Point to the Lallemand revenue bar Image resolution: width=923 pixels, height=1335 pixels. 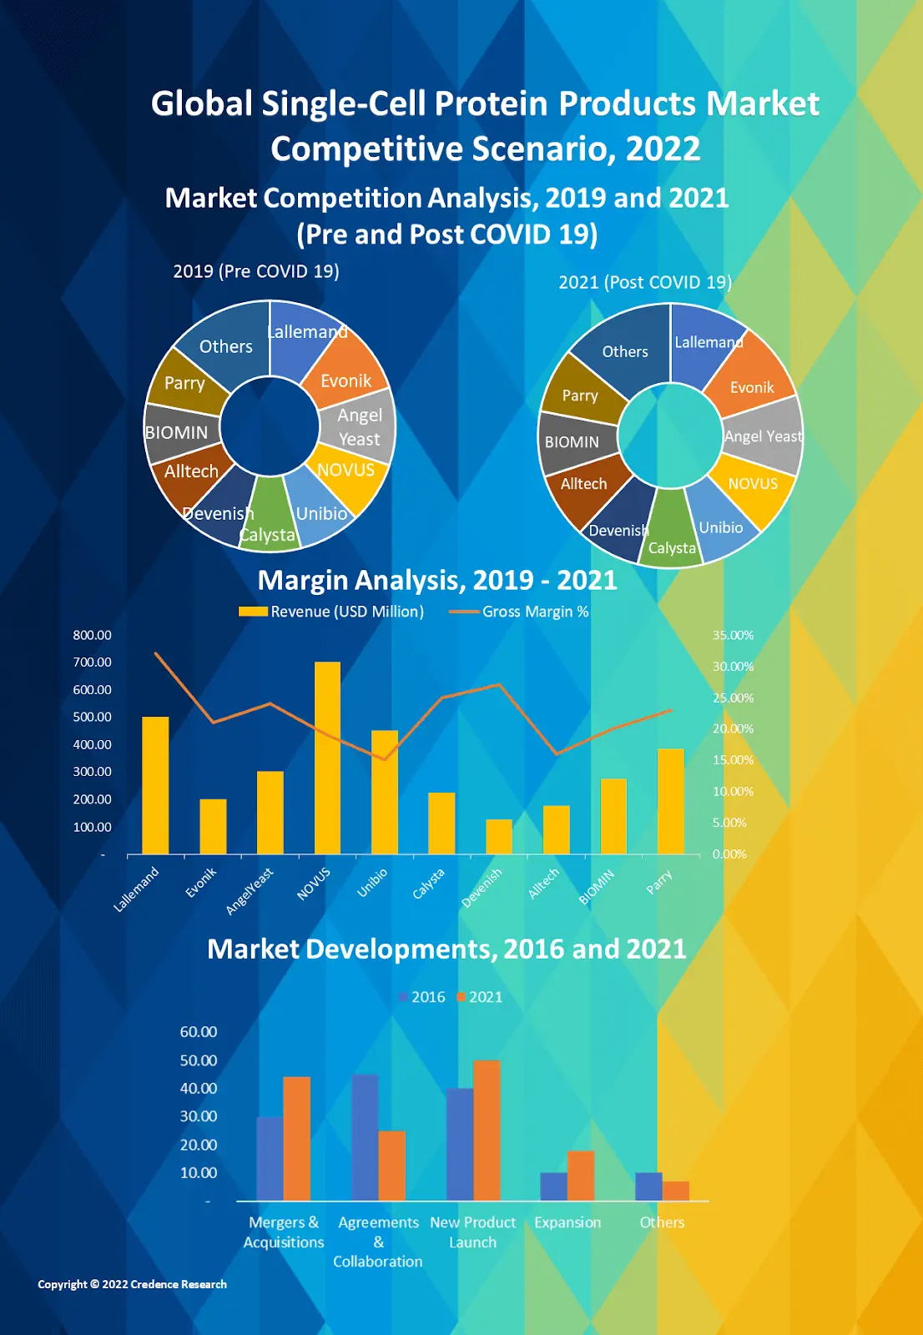coord(155,784)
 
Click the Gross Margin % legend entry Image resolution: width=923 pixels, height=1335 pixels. coord(519,612)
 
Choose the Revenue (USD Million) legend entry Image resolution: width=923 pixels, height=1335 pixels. coord(331,612)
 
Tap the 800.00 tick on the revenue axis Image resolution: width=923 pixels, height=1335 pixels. coord(92,635)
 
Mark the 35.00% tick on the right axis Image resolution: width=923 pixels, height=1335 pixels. coord(733,635)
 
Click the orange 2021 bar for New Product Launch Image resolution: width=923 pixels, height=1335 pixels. coord(487,1130)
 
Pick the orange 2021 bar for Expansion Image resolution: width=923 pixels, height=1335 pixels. coord(581,1176)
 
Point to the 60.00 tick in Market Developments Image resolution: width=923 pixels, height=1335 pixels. coord(199,1032)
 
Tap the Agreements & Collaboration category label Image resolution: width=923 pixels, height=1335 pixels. coord(378,1242)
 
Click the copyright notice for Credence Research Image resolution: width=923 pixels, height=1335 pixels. coord(132,1284)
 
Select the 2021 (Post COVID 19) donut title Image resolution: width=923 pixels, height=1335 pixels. coord(645,282)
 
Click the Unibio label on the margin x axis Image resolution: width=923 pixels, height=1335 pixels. coord(372,883)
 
